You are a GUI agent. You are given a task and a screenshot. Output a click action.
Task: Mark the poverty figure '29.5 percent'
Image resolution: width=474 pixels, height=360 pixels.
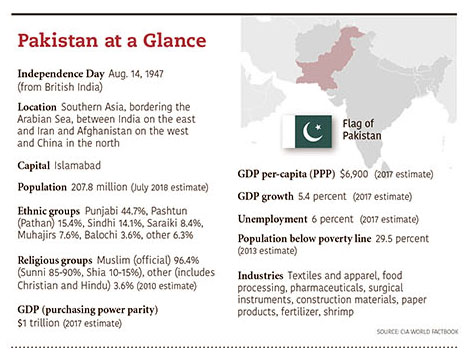pyautogui.click(x=432, y=239)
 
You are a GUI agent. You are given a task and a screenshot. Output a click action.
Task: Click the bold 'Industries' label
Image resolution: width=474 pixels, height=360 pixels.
pyautogui.click(x=260, y=275)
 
